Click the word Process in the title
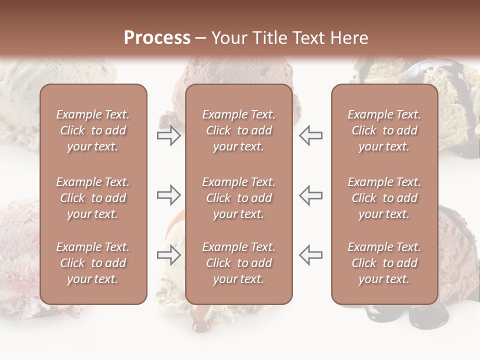[x=157, y=38]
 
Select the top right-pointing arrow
[x=168, y=135]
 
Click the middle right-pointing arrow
[x=168, y=195]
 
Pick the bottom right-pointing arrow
[x=168, y=255]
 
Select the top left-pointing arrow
[x=311, y=135]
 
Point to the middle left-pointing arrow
[x=311, y=195]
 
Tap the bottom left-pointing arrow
[x=311, y=255]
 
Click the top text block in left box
[x=93, y=130]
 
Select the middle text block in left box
[x=93, y=198]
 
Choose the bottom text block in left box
[x=93, y=263]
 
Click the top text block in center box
[x=238, y=130]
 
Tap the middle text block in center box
[x=238, y=198]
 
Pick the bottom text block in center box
[x=238, y=263]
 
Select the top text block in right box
[x=384, y=130]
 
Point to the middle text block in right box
[x=384, y=198]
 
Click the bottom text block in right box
[x=384, y=263]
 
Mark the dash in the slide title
[x=201, y=38]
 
